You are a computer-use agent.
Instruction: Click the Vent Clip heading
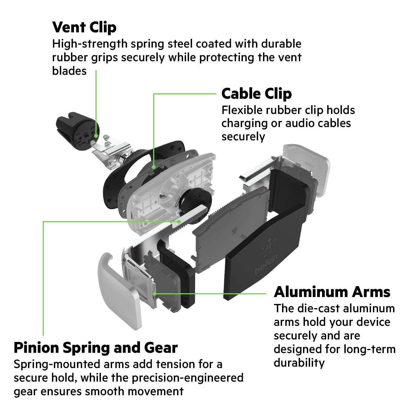coord(84,27)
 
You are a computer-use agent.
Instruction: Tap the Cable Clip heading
coord(256,94)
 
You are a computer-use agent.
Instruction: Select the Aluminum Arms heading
coord(332,292)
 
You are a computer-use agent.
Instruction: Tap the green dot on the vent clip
coord(96,135)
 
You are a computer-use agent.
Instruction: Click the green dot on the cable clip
coord(154,166)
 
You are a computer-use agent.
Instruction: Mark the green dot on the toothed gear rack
coord(179,221)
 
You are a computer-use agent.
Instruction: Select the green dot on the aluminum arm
coord(154,293)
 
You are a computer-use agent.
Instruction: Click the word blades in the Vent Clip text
coord(69,71)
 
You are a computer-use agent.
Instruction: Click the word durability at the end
coord(299,363)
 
